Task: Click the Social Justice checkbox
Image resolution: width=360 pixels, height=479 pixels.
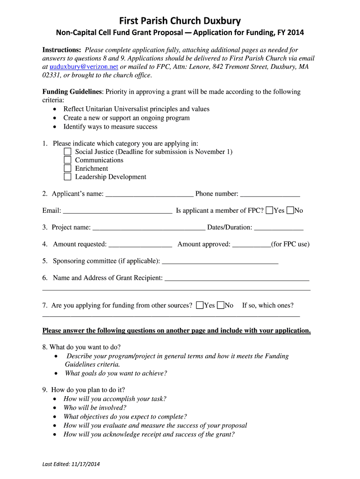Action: point(67,152)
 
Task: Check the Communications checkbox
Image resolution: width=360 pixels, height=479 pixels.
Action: point(67,160)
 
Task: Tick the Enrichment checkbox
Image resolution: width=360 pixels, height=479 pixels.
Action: point(67,168)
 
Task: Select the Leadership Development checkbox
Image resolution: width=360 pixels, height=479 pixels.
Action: point(67,177)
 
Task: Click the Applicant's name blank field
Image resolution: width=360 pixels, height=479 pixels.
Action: point(149,194)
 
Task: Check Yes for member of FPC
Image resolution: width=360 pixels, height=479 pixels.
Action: point(269,210)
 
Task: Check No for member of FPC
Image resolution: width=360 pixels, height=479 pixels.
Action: point(290,210)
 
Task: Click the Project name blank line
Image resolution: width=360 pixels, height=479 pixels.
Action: point(149,228)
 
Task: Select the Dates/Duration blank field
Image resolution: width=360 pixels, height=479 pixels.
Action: point(279,228)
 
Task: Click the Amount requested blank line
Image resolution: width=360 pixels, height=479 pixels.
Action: point(140,245)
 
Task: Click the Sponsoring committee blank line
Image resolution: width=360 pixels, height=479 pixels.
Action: point(220,261)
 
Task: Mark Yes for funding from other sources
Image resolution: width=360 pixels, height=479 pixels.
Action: point(200,305)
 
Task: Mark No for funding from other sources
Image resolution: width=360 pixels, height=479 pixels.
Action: point(221,305)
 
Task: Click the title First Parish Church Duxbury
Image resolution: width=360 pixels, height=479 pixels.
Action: point(180,21)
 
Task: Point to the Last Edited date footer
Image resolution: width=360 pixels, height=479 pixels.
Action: point(71,464)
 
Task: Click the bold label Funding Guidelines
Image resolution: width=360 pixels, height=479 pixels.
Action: point(72,92)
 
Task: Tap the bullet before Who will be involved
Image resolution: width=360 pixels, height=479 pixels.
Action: point(55,408)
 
